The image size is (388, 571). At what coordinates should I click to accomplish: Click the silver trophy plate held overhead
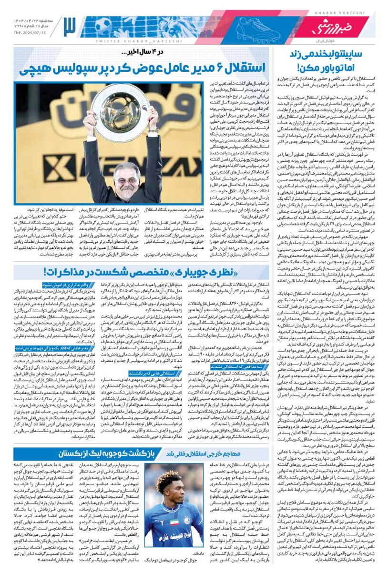pos(121,112)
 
